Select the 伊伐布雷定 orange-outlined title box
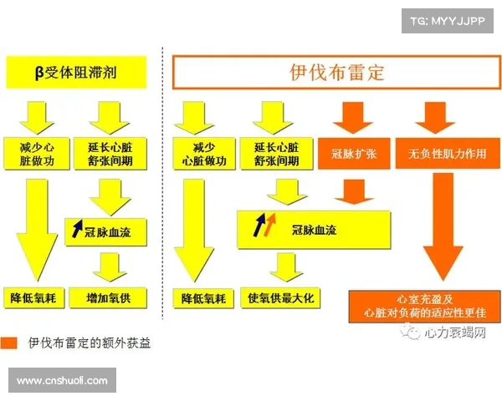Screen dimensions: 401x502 coord(336,73)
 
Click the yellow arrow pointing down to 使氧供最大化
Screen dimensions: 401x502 coord(281,266)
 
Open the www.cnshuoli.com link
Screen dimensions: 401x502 coord(63,381)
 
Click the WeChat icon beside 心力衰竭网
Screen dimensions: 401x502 coord(413,333)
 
